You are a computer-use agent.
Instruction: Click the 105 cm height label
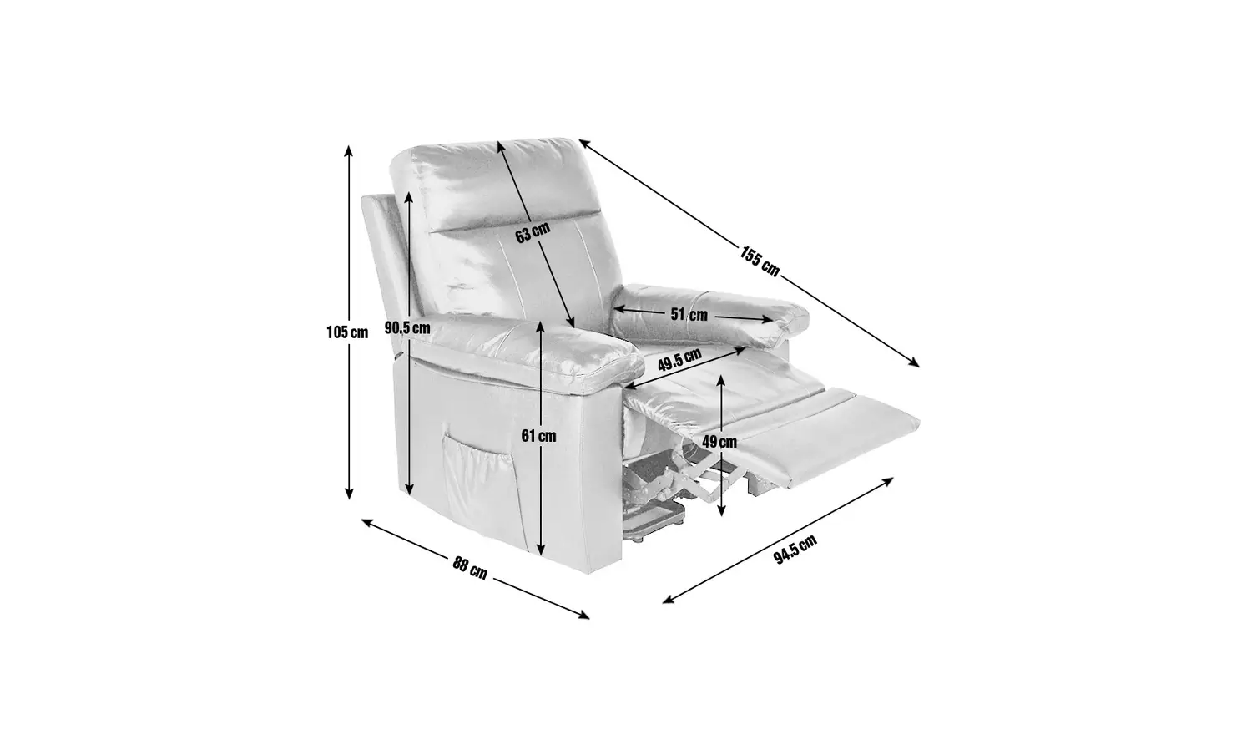tap(347, 332)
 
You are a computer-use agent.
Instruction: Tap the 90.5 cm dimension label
tap(407, 327)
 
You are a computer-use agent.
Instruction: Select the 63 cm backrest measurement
tap(533, 232)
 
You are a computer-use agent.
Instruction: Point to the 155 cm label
tap(760, 261)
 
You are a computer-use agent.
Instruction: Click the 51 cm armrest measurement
tap(689, 315)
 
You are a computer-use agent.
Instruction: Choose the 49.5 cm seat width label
tap(679, 360)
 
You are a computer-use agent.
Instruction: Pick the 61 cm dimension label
tap(539, 436)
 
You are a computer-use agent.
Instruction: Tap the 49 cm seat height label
tap(719, 442)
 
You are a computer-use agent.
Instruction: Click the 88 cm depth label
tap(470, 568)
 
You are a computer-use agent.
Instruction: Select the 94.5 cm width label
tap(795, 550)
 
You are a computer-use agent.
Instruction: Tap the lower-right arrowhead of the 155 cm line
tap(915, 363)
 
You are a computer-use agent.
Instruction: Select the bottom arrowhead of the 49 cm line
tap(721, 510)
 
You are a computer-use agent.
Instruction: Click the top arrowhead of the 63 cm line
tap(501, 146)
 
